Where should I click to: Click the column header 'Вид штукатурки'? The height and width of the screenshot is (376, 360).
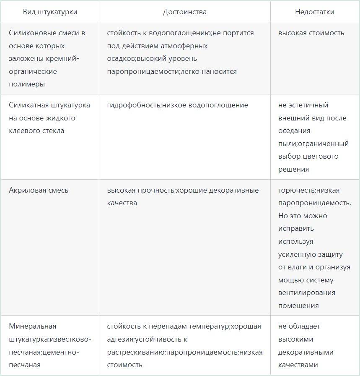tap(50, 12)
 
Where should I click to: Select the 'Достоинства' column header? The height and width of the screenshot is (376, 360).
tap(185, 12)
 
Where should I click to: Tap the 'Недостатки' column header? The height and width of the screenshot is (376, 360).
tap(315, 12)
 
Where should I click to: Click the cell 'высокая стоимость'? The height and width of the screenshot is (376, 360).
tap(311, 33)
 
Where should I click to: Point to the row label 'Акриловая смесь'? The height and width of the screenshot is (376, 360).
tap(39, 190)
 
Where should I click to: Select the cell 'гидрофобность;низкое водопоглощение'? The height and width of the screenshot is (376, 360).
tap(177, 105)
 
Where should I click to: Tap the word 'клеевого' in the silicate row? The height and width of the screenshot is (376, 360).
tap(23, 131)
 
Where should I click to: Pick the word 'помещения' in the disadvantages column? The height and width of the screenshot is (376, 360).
tap(298, 305)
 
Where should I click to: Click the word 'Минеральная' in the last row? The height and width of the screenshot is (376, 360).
tap(32, 326)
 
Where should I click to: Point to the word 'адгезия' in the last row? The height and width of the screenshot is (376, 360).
tap(120, 339)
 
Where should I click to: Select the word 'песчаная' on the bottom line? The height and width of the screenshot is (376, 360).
tap(25, 365)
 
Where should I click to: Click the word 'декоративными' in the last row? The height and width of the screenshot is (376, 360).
tap(306, 352)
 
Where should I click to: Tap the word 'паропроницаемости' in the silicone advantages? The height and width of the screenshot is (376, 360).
tap(143, 71)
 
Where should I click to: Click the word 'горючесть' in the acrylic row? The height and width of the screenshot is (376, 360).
tap(296, 190)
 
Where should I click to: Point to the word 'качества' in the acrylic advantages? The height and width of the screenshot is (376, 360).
tap(122, 203)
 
